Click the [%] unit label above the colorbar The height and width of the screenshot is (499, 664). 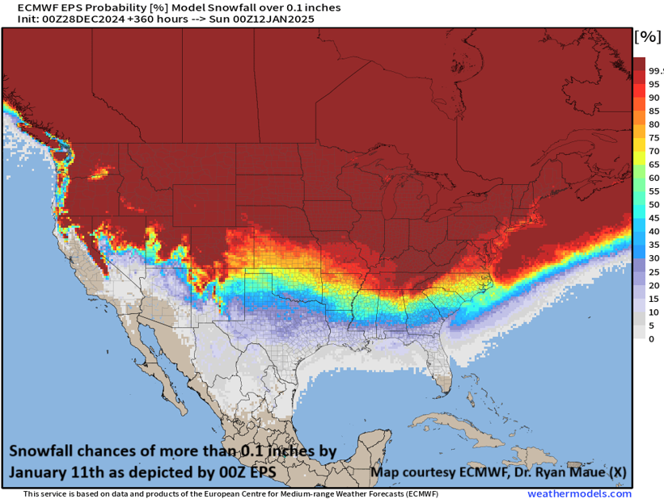(x=647, y=37)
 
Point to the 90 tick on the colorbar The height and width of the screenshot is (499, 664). (x=653, y=98)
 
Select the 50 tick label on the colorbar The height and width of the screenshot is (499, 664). (x=653, y=204)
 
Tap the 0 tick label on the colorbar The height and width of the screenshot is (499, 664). (x=651, y=338)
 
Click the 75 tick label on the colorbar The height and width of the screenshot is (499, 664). (x=653, y=138)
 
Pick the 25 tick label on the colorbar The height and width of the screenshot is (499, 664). (x=653, y=271)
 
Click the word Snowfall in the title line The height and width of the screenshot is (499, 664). (x=218, y=7)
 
